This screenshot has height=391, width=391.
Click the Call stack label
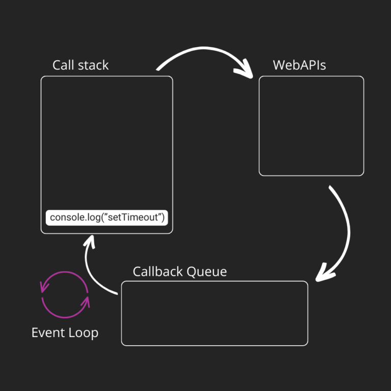point(80,65)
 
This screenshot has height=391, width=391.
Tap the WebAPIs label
point(299,65)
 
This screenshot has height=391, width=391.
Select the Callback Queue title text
point(180,271)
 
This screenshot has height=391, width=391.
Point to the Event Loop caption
point(65,333)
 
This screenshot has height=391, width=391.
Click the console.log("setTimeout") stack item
point(107,218)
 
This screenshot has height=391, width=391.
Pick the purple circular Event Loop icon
point(65,295)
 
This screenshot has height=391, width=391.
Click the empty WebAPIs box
point(311,126)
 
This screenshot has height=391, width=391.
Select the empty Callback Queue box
point(214,313)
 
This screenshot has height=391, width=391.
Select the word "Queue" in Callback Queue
point(207,271)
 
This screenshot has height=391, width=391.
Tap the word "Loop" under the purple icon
point(83,333)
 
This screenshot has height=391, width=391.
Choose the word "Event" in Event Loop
point(47,333)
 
